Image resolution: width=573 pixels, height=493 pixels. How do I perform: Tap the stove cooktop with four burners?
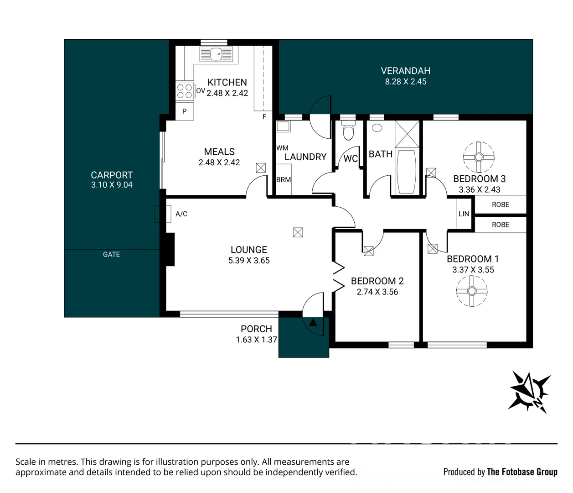(185, 91)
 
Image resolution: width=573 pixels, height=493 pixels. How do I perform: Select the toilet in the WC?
(348, 130)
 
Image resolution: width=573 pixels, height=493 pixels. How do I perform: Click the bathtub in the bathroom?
(407, 172)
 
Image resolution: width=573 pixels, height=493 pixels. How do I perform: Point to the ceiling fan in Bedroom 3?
(479, 157)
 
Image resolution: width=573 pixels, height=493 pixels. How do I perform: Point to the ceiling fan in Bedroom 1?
(471, 291)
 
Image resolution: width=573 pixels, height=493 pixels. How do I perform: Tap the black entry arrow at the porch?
(313, 323)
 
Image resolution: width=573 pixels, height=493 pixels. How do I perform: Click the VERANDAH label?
(406, 71)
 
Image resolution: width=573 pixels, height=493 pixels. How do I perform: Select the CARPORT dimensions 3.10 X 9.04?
(112, 184)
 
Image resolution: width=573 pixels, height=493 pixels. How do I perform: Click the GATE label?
(111, 255)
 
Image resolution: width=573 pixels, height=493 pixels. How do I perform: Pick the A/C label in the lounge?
(181, 214)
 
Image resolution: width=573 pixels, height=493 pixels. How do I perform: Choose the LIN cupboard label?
(464, 214)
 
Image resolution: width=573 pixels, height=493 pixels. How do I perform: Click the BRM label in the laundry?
(284, 179)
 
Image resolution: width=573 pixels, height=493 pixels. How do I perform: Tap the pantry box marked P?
(185, 111)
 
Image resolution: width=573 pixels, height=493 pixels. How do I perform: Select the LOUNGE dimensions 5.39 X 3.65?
(249, 260)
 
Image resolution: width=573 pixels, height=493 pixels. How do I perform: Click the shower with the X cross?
(407, 134)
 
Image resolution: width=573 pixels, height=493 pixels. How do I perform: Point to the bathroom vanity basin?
(377, 128)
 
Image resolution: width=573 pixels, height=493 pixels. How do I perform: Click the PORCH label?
(257, 329)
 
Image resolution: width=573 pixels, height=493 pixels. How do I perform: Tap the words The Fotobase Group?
(522, 472)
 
